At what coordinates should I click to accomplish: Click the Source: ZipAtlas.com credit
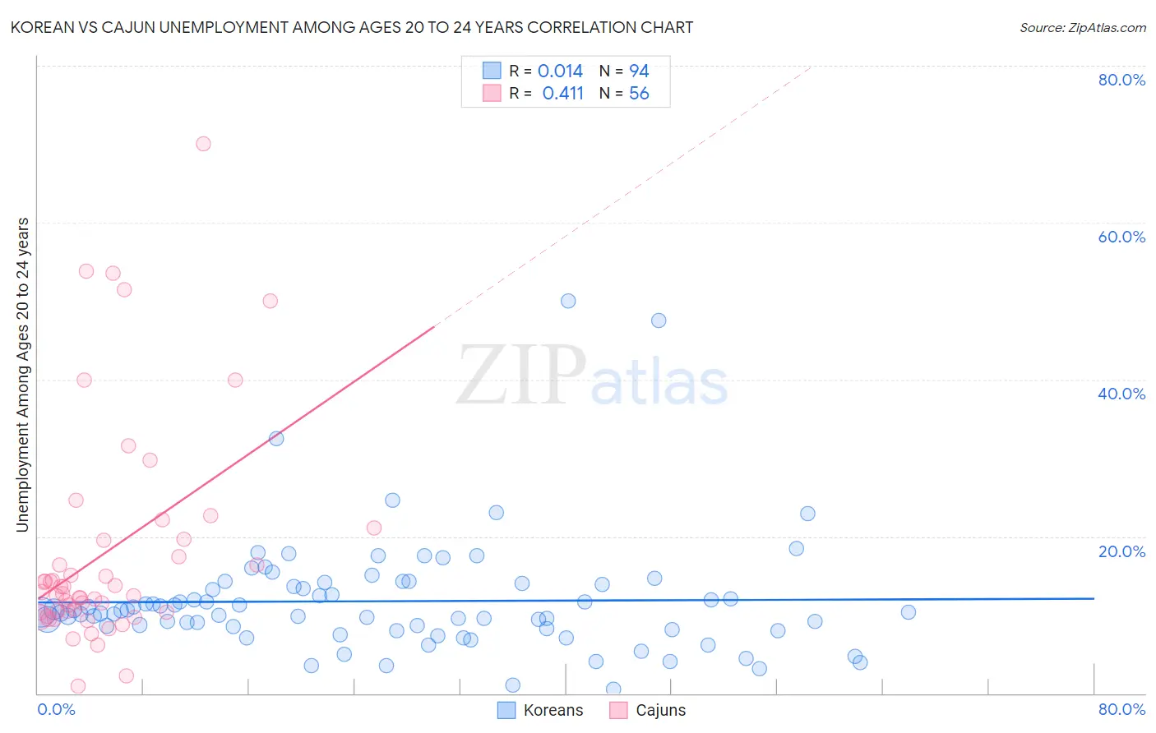(x=1082, y=27)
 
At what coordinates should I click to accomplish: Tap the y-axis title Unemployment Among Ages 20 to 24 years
(x=23, y=375)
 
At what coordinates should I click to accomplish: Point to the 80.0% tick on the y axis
(x=1121, y=80)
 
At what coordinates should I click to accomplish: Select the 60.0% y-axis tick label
(x=1121, y=237)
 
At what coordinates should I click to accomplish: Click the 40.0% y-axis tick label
(x=1121, y=394)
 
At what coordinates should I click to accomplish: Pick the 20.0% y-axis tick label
(x=1121, y=551)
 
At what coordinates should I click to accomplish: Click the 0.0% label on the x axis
(x=56, y=709)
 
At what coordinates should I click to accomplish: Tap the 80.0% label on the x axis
(x=1121, y=709)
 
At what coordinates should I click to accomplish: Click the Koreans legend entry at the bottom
(x=541, y=710)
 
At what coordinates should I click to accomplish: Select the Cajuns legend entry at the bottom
(x=649, y=710)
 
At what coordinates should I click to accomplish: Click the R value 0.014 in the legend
(x=560, y=71)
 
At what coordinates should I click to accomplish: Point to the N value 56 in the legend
(x=639, y=94)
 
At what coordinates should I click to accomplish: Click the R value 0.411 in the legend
(x=562, y=94)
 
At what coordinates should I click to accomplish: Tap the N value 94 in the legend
(x=639, y=71)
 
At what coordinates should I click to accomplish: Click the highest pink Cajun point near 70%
(x=203, y=144)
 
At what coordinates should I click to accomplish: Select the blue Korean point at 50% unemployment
(x=568, y=301)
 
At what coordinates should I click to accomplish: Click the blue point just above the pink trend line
(x=276, y=438)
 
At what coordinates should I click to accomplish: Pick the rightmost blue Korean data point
(x=909, y=612)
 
